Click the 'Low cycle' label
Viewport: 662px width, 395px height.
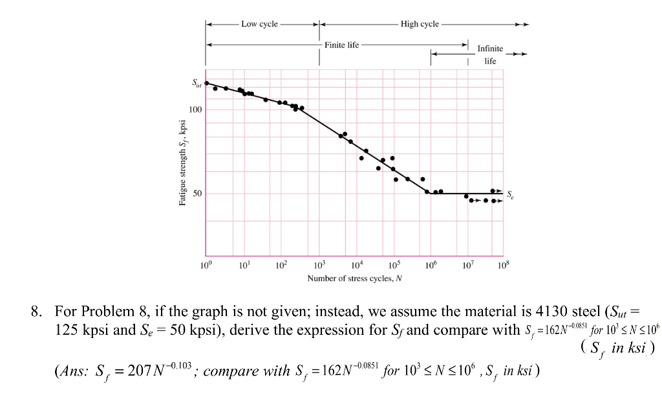(x=259, y=24)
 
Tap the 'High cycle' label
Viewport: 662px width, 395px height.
(x=420, y=24)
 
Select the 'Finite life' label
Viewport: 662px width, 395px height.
(x=342, y=45)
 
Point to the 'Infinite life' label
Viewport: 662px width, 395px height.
(x=490, y=54)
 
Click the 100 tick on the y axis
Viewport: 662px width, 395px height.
(x=195, y=109)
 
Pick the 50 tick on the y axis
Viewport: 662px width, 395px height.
(x=197, y=194)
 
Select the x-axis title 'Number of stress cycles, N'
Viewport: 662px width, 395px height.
(x=354, y=278)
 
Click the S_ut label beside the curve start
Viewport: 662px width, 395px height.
(x=196, y=83)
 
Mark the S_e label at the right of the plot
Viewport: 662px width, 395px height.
(x=511, y=194)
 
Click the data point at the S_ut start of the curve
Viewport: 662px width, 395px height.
(x=206, y=83)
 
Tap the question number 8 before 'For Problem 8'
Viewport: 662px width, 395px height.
(x=36, y=311)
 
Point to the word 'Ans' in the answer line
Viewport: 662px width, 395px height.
(x=71, y=371)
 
